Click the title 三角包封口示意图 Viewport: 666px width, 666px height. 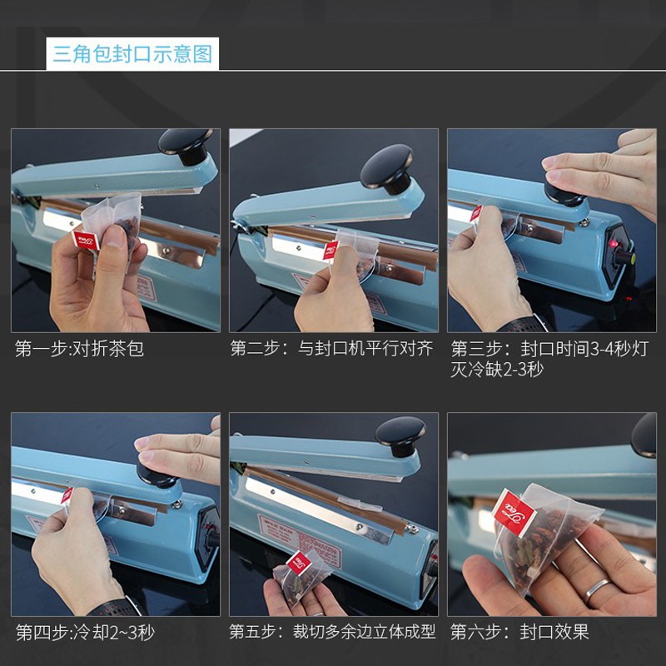(132, 54)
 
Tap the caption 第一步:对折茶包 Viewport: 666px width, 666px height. (79, 349)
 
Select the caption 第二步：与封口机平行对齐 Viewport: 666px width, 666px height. (331, 348)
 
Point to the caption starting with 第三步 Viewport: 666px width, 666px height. (549, 360)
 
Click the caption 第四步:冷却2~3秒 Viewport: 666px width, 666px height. (85, 633)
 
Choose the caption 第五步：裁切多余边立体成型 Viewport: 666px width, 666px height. (332, 632)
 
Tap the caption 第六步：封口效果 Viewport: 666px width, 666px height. (519, 632)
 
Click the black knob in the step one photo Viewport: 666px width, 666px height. (186, 144)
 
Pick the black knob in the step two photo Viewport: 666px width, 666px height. (387, 168)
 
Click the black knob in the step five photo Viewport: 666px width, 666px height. (400, 435)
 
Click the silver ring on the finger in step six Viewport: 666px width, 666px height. (596, 591)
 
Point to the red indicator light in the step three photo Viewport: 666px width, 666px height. (613, 244)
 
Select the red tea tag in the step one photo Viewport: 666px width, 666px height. (87, 241)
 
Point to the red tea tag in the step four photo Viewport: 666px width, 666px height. (67, 496)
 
